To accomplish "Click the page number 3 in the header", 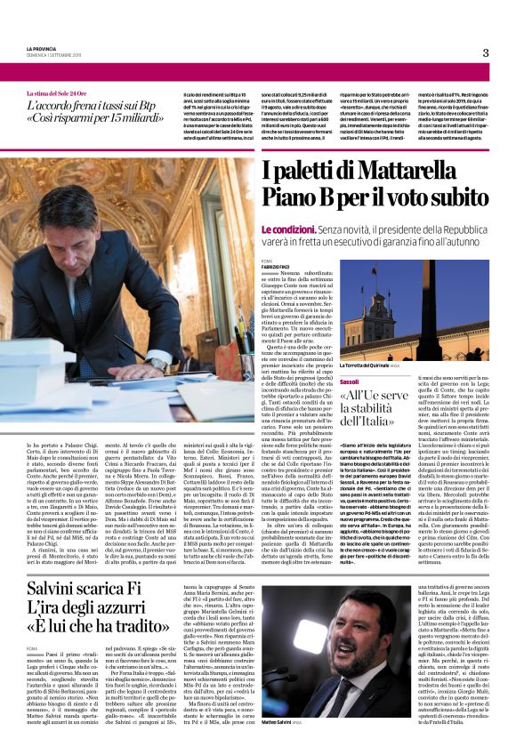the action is coord(486,52).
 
